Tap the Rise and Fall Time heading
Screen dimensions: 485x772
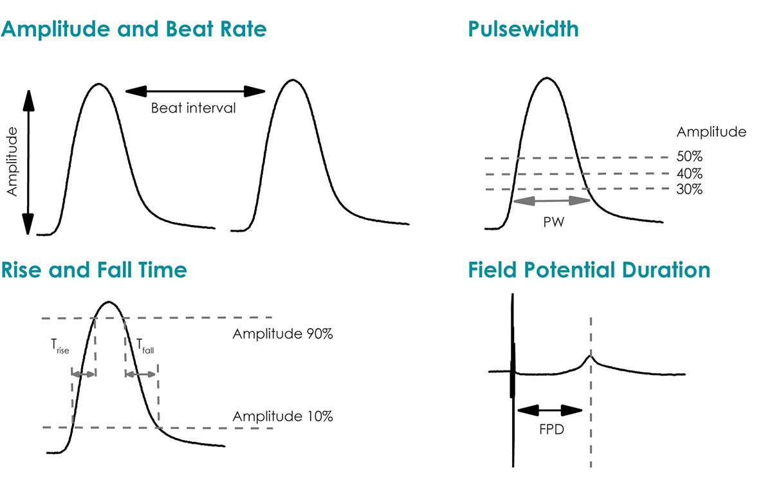94,270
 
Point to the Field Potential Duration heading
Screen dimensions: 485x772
589,270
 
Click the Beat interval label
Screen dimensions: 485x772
193,108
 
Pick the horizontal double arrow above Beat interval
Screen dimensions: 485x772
194,91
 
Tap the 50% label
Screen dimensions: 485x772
690,156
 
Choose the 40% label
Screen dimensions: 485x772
690,173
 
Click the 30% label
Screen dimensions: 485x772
690,190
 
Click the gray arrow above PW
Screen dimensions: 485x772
551,201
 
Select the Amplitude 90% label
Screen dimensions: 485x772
282,334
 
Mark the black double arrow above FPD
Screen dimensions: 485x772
549,410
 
